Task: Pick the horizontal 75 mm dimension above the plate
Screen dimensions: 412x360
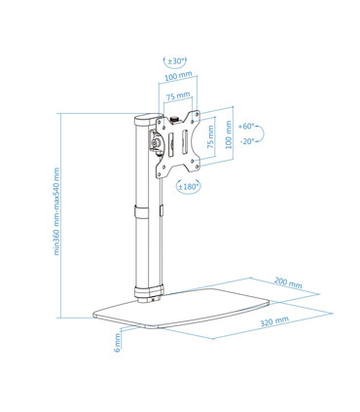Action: coord(177,97)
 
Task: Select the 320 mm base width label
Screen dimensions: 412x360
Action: coord(273,319)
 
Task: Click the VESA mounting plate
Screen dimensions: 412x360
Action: coord(185,144)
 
